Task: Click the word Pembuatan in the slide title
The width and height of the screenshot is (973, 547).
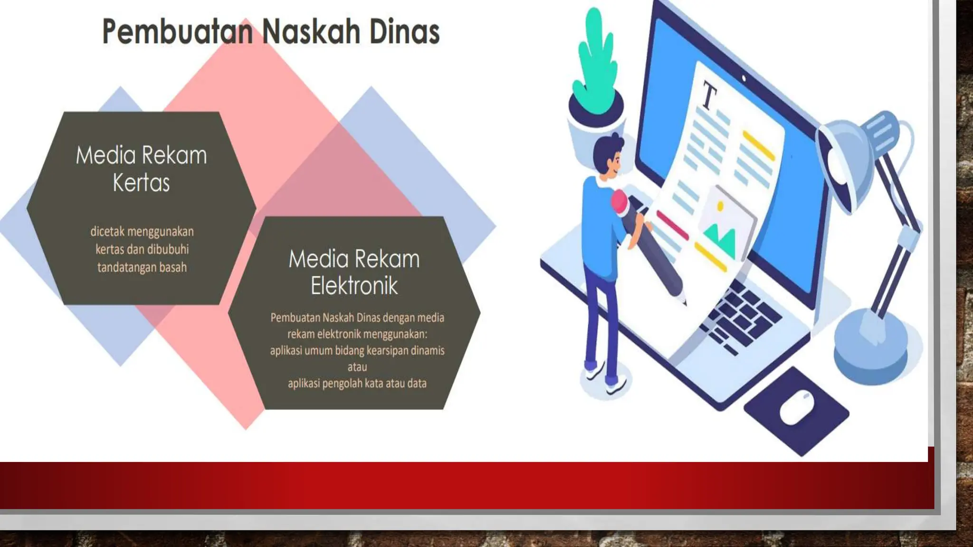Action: [x=177, y=32]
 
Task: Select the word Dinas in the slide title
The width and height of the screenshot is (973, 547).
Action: [x=404, y=32]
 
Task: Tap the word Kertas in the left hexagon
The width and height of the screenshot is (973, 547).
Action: [x=141, y=183]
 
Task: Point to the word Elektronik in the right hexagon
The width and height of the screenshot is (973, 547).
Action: [x=354, y=286]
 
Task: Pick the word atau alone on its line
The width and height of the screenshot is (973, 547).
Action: [x=357, y=367]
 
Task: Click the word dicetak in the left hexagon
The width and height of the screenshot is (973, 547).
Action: [x=107, y=232]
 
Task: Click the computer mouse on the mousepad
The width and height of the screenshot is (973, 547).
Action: [x=797, y=407]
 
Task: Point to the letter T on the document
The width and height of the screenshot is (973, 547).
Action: [x=709, y=96]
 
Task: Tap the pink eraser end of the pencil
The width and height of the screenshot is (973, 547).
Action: [x=620, y=202]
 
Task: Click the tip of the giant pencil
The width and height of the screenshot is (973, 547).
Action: [x=684, y=302]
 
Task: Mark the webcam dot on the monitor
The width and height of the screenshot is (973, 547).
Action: [x=744, y=78]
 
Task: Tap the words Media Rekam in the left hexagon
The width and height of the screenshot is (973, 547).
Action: [x=141, y=155]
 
